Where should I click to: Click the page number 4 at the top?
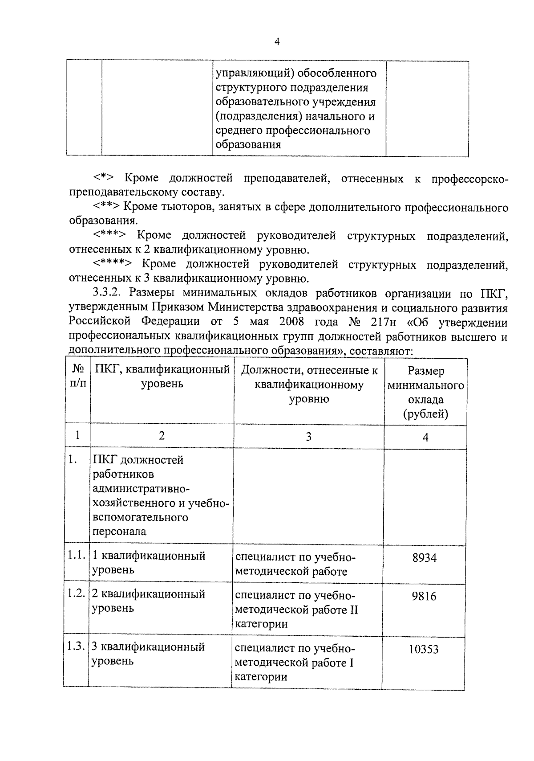click(x=277, y=42)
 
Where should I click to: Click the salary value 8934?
click(x=425, y=557)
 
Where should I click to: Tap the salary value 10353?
click(x=424, y=649)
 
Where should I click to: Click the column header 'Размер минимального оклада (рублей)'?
click(x=425, y=392)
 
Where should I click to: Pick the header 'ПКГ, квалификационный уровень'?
click(x=162, y=376)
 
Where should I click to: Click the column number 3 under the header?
click(x=308, y=437)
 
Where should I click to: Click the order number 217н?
click(x=381, y=322)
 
